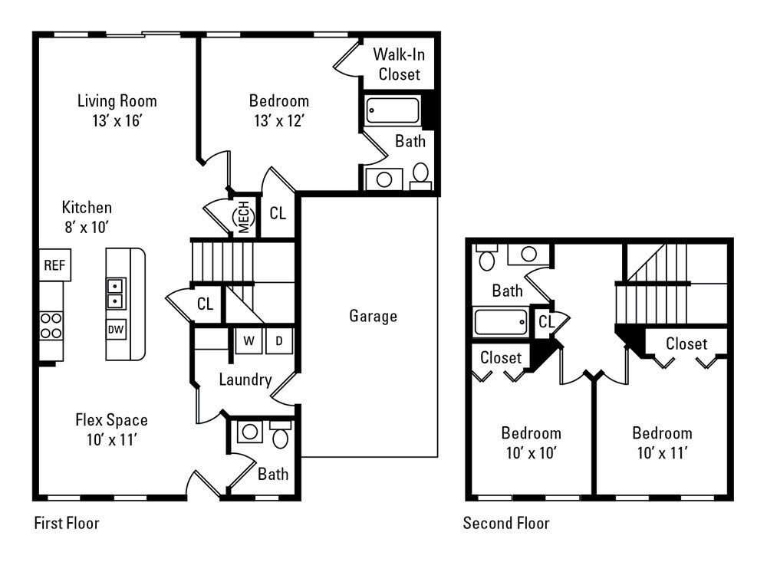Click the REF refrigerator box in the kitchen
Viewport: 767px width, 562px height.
[x=54, y=265]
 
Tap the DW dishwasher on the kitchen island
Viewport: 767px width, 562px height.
[x=116, y=330]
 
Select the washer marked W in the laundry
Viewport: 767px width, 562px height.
[x=249, y=340]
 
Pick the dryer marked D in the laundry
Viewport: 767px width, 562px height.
[x=279, y=340]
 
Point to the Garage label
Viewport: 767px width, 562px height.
[x=373, y=316]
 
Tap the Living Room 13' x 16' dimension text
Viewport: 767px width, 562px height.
[x=117, y=120]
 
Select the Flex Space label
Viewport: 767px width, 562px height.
[x=111, y=420]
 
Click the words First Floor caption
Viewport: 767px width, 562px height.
[x=67, y=524]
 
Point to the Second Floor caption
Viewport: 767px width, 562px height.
[x=506, y=524]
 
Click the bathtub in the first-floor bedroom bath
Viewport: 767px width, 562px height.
[x=393, y=110]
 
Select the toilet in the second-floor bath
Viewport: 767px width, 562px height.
[x=487, y=258]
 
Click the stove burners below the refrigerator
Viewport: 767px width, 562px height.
[x=51, y=325]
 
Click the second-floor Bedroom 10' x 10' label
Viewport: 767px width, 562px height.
[x=531, y=442]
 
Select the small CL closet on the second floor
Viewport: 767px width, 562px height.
[x=547, y=322]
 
